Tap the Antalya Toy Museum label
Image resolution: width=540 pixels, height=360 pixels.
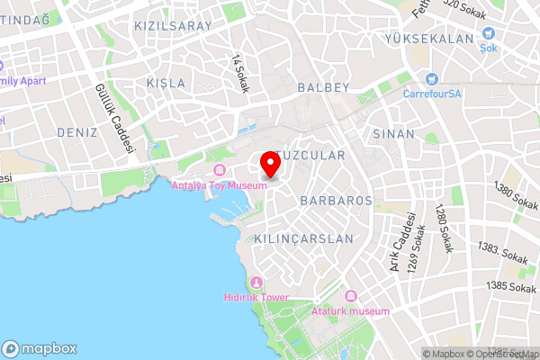(x=220, y=185)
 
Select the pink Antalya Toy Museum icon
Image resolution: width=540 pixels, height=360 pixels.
(x=220, y=171)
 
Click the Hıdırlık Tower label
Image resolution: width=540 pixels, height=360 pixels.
(x=256, y=297)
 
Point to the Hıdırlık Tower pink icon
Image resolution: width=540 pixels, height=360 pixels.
(x=256, y=283)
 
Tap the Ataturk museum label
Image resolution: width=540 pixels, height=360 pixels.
(x=351, y=310)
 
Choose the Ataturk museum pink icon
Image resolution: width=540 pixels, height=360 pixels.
(x=351, y=296)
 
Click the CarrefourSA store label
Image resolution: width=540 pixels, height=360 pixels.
(x=433, y=93)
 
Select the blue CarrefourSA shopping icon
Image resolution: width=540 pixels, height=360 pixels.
(x=433, y=78)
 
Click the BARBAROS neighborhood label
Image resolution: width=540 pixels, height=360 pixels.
(x=337, y=200)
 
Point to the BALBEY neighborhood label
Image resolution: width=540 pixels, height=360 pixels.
(x=322, y=88)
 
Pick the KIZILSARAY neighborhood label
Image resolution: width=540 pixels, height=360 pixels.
(x=173, y=26)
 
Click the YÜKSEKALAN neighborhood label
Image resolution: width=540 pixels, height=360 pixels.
(x=428, y=40)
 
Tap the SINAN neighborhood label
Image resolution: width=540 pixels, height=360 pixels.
(x=393, y=133)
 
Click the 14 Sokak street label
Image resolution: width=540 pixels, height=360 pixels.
(x=240, y=74)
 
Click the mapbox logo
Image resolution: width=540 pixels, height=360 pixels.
(x=40, y=348)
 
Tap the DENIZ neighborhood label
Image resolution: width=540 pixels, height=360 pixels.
(x=76, y=133)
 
